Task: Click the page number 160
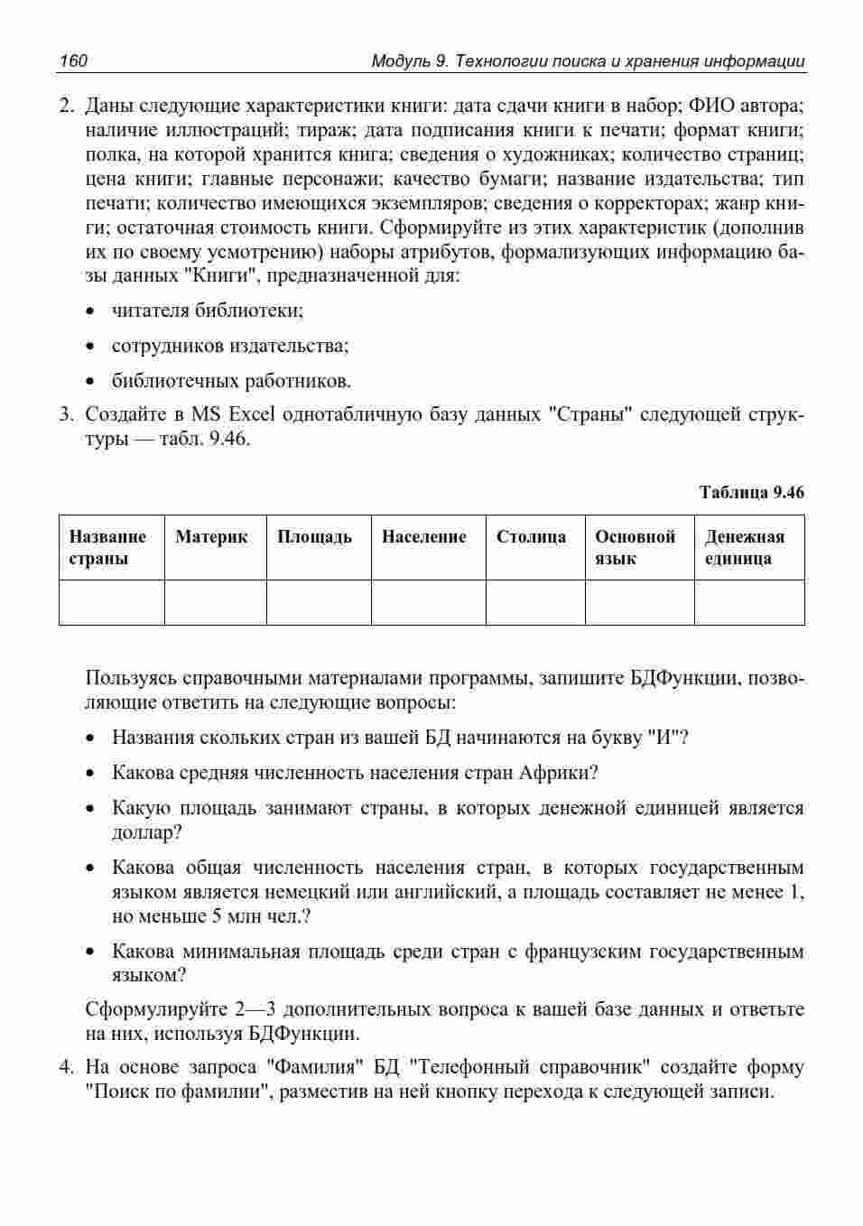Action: point(73,61)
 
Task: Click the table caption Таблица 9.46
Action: point(751,492)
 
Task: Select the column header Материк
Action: point(211,537)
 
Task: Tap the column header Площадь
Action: point(314,537)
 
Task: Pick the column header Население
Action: point(423,537)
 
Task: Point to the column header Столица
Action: point(531,537)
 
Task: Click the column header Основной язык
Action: point(635,548)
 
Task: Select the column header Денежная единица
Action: point(744,548)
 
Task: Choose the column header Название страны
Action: point(107,548)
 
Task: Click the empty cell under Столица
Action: point(535,602)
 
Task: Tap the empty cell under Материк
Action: point(215,602)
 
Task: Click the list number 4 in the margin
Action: point(66,1068)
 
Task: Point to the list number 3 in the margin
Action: point(66,415)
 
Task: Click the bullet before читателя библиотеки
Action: point(90,312)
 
